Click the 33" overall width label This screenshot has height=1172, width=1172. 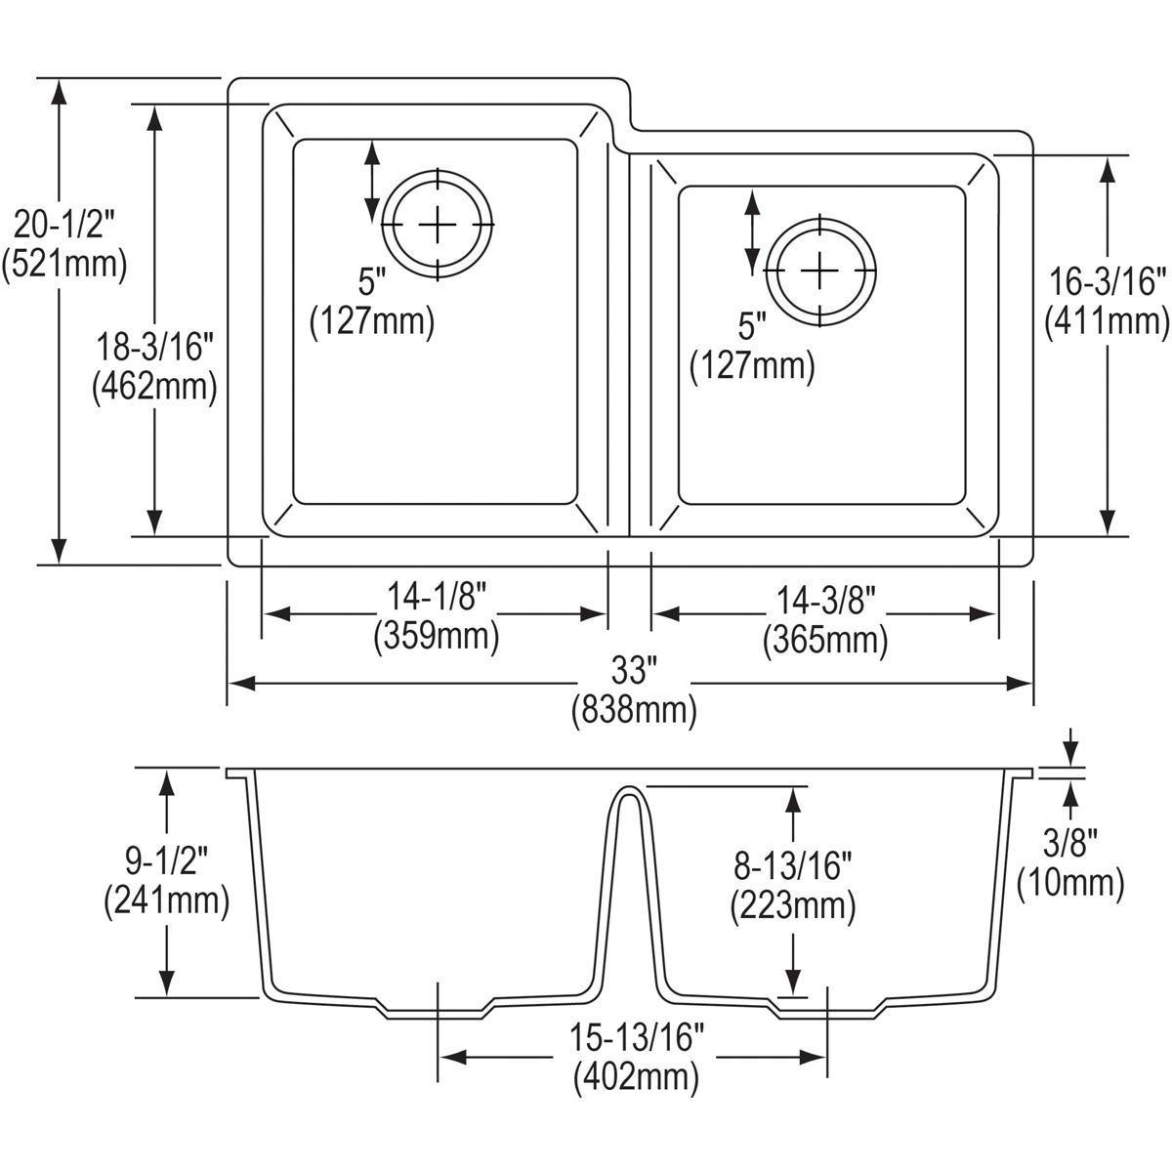click(x=632, y=670)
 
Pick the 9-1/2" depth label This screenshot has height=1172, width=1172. click(x=166, y=862)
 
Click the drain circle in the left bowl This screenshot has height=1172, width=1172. click(x=438, y=225)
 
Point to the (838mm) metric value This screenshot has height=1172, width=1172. click(x=633, y=710)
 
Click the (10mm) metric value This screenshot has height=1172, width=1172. click(x=1070, y=882)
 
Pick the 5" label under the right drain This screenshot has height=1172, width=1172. click(x=752, y=325)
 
